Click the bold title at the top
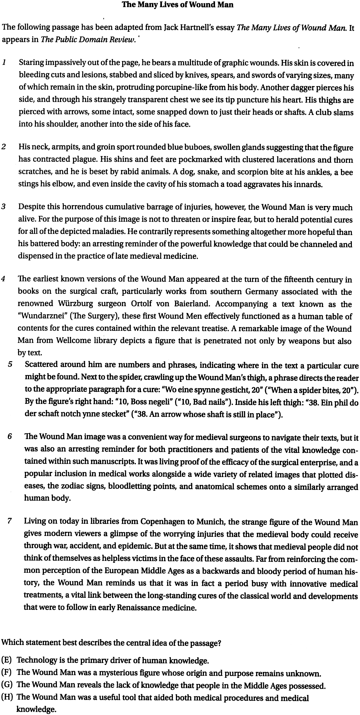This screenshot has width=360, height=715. tap(178, 5)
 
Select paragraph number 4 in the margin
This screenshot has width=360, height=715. tap(3, 279)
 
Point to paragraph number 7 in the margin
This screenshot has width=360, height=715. tap(9, 521)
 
